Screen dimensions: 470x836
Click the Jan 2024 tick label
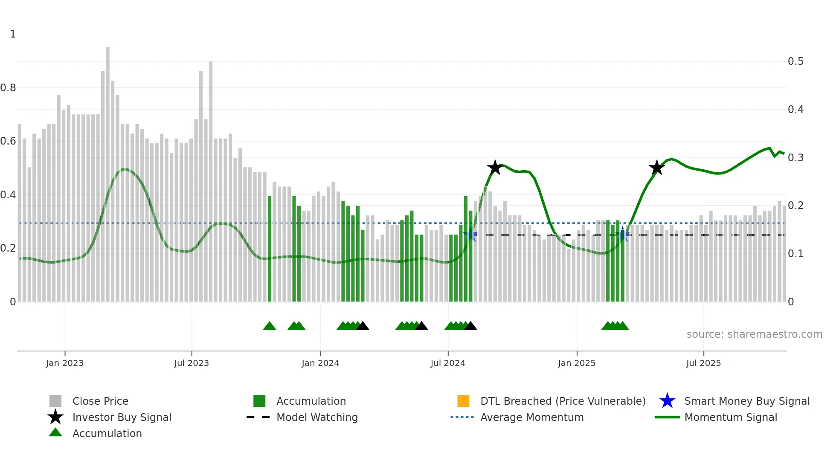click(x=320, y=363)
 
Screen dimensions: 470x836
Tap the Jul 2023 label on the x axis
click(x=192, y=363)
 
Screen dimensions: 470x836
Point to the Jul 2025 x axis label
click(x=703, y=363)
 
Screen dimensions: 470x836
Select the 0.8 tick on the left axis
click(x=8, y=88)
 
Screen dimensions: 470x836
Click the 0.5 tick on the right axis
click(x=795, y=61)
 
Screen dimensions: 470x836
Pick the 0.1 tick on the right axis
click(x=795, y=254)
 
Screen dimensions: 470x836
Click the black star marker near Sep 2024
click(x=495, y=168)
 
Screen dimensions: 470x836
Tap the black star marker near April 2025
click(x=657, y=168)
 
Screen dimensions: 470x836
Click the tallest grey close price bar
click(x=108, y=171)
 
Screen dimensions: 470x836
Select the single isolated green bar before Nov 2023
click(x=270, y=247)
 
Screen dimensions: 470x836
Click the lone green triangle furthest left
click(x=270, y=326)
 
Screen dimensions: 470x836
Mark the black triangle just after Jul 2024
click(x=470, y=326)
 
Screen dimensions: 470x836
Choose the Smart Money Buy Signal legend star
click(x=667, y=401)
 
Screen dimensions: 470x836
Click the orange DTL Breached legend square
click(x=463, y=401)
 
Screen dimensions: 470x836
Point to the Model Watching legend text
click(x=317, y=417)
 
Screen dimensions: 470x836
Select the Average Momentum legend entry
click(x=531, y=417)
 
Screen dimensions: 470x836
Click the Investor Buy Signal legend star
click(x=55, y=417)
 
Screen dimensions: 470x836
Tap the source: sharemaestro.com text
click(x=754, y=334)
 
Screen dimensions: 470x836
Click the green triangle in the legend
click(x=55, y=432)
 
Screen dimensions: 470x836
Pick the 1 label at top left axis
click(x=13, y=34)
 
